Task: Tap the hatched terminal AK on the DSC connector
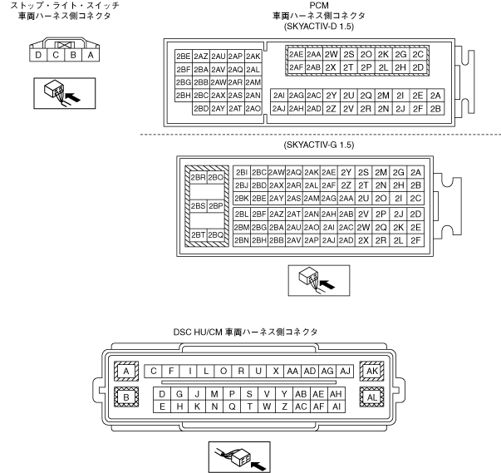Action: pyautogui.click(x=371, y=371)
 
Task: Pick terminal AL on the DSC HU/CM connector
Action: pyautogui.click(x=371, y=397)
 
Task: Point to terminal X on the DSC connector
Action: pyautogui.click(x=276, y=371)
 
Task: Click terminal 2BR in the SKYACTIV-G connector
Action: pyautogui.click(x=198, y=178)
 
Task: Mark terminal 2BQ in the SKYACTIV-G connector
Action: pyautogui.click(x=216, y=235)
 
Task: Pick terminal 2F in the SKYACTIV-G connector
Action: pyautogui.click(x=416, y=240)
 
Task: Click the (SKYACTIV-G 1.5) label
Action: pyautogui.click(x=319, y=145)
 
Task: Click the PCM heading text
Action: pyautogui.click(x=318, y=5)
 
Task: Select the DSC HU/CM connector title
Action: pyautogui.click(x=253, y=333)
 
